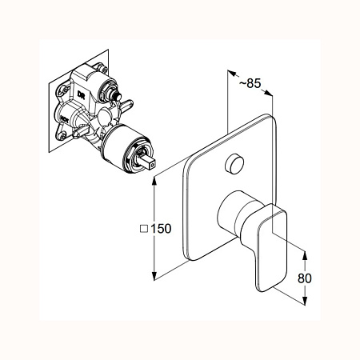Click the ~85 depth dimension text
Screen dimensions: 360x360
click(250, 83)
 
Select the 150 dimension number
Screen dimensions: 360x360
click(161, 229)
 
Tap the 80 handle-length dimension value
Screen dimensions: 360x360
click(304, 278)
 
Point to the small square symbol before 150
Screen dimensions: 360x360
click(144, 229)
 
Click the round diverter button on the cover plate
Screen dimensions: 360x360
click(234, 163)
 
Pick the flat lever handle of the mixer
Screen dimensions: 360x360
click(270, 246)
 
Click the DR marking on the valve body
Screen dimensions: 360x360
click(81, 94)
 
